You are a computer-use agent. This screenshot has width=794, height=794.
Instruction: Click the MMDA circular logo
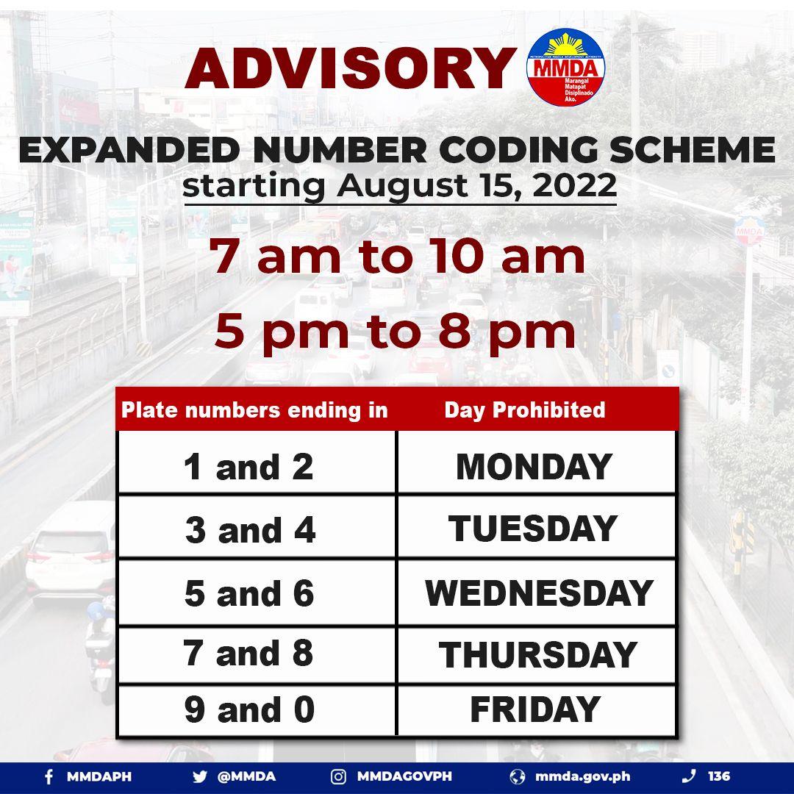click(x=566, y=68)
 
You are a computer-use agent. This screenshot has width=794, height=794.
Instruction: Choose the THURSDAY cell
click(x=537, y=655)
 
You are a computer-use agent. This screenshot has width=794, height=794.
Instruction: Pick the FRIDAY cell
click(x=534, y=710)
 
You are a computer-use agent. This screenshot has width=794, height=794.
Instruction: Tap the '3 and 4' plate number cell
click(x=251, y=530)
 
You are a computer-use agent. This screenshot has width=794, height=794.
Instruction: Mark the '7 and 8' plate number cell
click(x=250, y=654)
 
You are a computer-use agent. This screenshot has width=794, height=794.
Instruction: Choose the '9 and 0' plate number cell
click(x=250, y=710)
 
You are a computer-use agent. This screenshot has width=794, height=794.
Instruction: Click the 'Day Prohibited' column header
click(x=524, y=410)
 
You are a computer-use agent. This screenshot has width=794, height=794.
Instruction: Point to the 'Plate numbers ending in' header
click(x=254, y=410)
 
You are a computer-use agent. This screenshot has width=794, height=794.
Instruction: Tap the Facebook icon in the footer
click(x=49, y=776)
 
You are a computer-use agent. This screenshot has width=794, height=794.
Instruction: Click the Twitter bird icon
click(x=199, y=776)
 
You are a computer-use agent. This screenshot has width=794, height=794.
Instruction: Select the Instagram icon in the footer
click(x=338, y=776)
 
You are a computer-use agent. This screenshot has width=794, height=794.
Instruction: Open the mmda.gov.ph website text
click(x=582, y=776)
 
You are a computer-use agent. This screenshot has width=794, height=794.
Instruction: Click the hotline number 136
click(x=719, y=776)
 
